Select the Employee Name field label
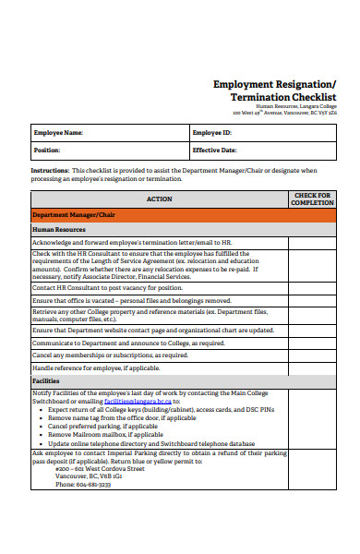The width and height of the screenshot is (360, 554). pyautogui.click(x=58, y=133)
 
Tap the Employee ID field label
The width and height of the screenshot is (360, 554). pyautogui.click(x=213, y=133)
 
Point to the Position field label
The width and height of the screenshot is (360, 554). pyautogui.click(x=47, y=149)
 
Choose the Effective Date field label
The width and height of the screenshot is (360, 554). pyautogui.click(x=218, y=149)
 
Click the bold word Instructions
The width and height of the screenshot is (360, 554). pyautogui.click(x=50, y=170)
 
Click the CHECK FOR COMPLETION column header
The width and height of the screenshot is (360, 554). pyautogui.click(x=311, y=199)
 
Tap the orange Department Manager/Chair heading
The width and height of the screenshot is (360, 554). pyautogui.click(x=74, y=214)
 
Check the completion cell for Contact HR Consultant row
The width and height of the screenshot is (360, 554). pyautogui.click(x=311, y=287)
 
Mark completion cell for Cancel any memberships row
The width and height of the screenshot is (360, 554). pyautogui.click(x=311, y=355)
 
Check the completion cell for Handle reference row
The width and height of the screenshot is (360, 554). pyautogui.click(x=311, y=367)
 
